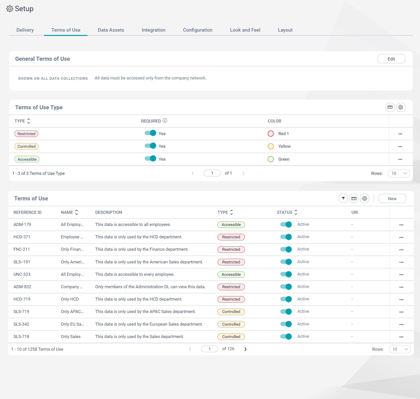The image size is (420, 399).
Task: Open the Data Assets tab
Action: pos(111,30)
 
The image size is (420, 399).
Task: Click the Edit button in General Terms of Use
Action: pos(391,59)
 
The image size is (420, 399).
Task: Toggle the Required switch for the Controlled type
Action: pos(150,146)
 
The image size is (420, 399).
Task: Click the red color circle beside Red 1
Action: pos(271,134)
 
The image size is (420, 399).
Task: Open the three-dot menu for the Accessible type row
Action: pos(400,159)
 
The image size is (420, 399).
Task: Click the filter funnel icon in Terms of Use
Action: pos(343,199)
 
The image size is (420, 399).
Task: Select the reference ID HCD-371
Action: pos(22,237)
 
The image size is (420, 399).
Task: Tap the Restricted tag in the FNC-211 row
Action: pos(231,249)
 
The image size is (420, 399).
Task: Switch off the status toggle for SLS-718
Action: pos(286,337)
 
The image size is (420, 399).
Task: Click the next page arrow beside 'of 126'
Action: pos(245,349)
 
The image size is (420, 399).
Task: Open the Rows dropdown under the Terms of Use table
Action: pos(400,349)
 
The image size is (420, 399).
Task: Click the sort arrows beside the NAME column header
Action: pos(76,212)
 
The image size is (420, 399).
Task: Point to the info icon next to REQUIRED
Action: pos(165,121)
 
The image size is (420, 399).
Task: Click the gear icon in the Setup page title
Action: pos(10,9)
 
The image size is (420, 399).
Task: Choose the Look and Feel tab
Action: pos(245,30)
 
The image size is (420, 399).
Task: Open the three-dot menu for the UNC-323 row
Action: pos(401,275)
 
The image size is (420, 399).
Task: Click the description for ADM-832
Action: pos(150,287)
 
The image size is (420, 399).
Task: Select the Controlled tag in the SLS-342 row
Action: pos(231,324)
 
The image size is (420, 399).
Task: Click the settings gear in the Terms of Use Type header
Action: pos(401,107)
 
